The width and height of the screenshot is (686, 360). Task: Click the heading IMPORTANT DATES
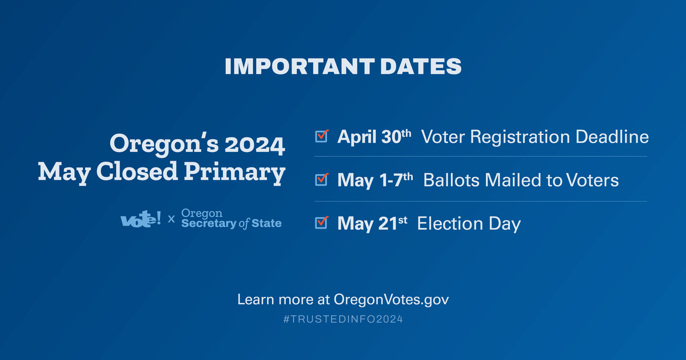[x=343, y=66]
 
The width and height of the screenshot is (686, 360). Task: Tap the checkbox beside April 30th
[x=322, y=136]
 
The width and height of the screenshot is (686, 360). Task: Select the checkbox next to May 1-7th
[x=322, y=179]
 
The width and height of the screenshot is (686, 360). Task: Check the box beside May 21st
[x=322, y=222]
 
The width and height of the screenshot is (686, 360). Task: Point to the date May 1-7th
[x=375, y=181]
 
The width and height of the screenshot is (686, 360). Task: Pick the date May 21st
[x=372, y=223]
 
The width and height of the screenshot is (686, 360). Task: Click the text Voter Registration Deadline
[x=535, y=137]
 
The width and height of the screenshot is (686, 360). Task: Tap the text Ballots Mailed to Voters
[x=521, y=181]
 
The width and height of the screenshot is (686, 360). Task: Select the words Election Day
[x=469, y=223]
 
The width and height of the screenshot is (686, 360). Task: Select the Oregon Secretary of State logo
[x=231, y=218]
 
